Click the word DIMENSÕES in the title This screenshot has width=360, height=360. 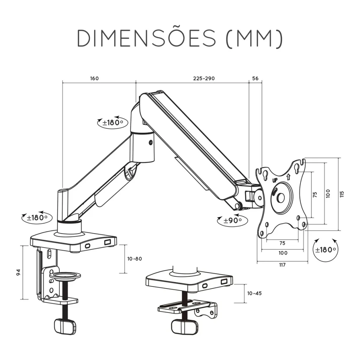[147, 38]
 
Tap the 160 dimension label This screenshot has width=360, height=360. [94, 78]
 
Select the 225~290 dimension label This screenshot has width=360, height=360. [204, 78]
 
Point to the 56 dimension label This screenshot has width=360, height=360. [255, 78]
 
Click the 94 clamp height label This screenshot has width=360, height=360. [18, 272]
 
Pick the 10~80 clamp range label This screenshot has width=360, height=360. [135, 259]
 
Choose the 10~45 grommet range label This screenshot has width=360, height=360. [255, 294]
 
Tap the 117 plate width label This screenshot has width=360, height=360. [282, 265]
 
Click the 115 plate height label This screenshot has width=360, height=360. [342, 194]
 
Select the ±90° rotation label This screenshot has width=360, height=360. [233, 221]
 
